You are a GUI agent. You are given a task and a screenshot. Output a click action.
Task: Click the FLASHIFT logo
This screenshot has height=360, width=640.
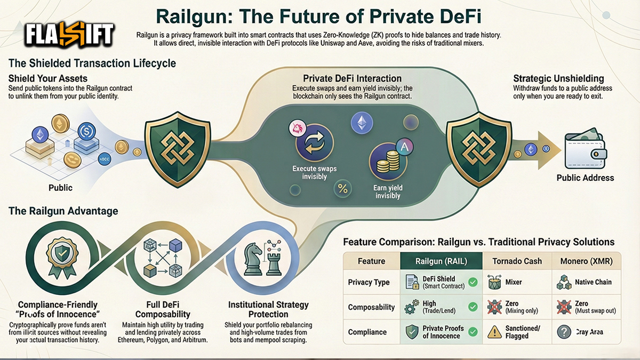coord(69,35)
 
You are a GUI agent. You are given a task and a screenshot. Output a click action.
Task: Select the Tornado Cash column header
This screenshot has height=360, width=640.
coord(517,261)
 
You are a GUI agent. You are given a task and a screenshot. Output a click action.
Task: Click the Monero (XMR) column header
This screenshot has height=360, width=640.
coord(586,261)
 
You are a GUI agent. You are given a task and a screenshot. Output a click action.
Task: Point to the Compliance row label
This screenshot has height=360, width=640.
coord(367,332)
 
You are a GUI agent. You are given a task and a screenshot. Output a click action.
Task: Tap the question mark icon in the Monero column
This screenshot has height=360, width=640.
coord(564,332)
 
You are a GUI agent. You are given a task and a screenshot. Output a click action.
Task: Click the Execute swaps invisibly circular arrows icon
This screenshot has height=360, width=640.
coord(314,144)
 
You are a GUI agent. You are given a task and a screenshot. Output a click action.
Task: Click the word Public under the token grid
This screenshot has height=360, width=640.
coord(60,188)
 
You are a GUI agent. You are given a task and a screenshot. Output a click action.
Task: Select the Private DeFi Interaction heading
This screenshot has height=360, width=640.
coord(352,78)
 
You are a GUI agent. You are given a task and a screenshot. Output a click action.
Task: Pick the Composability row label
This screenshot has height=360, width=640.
coord(371,307)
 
